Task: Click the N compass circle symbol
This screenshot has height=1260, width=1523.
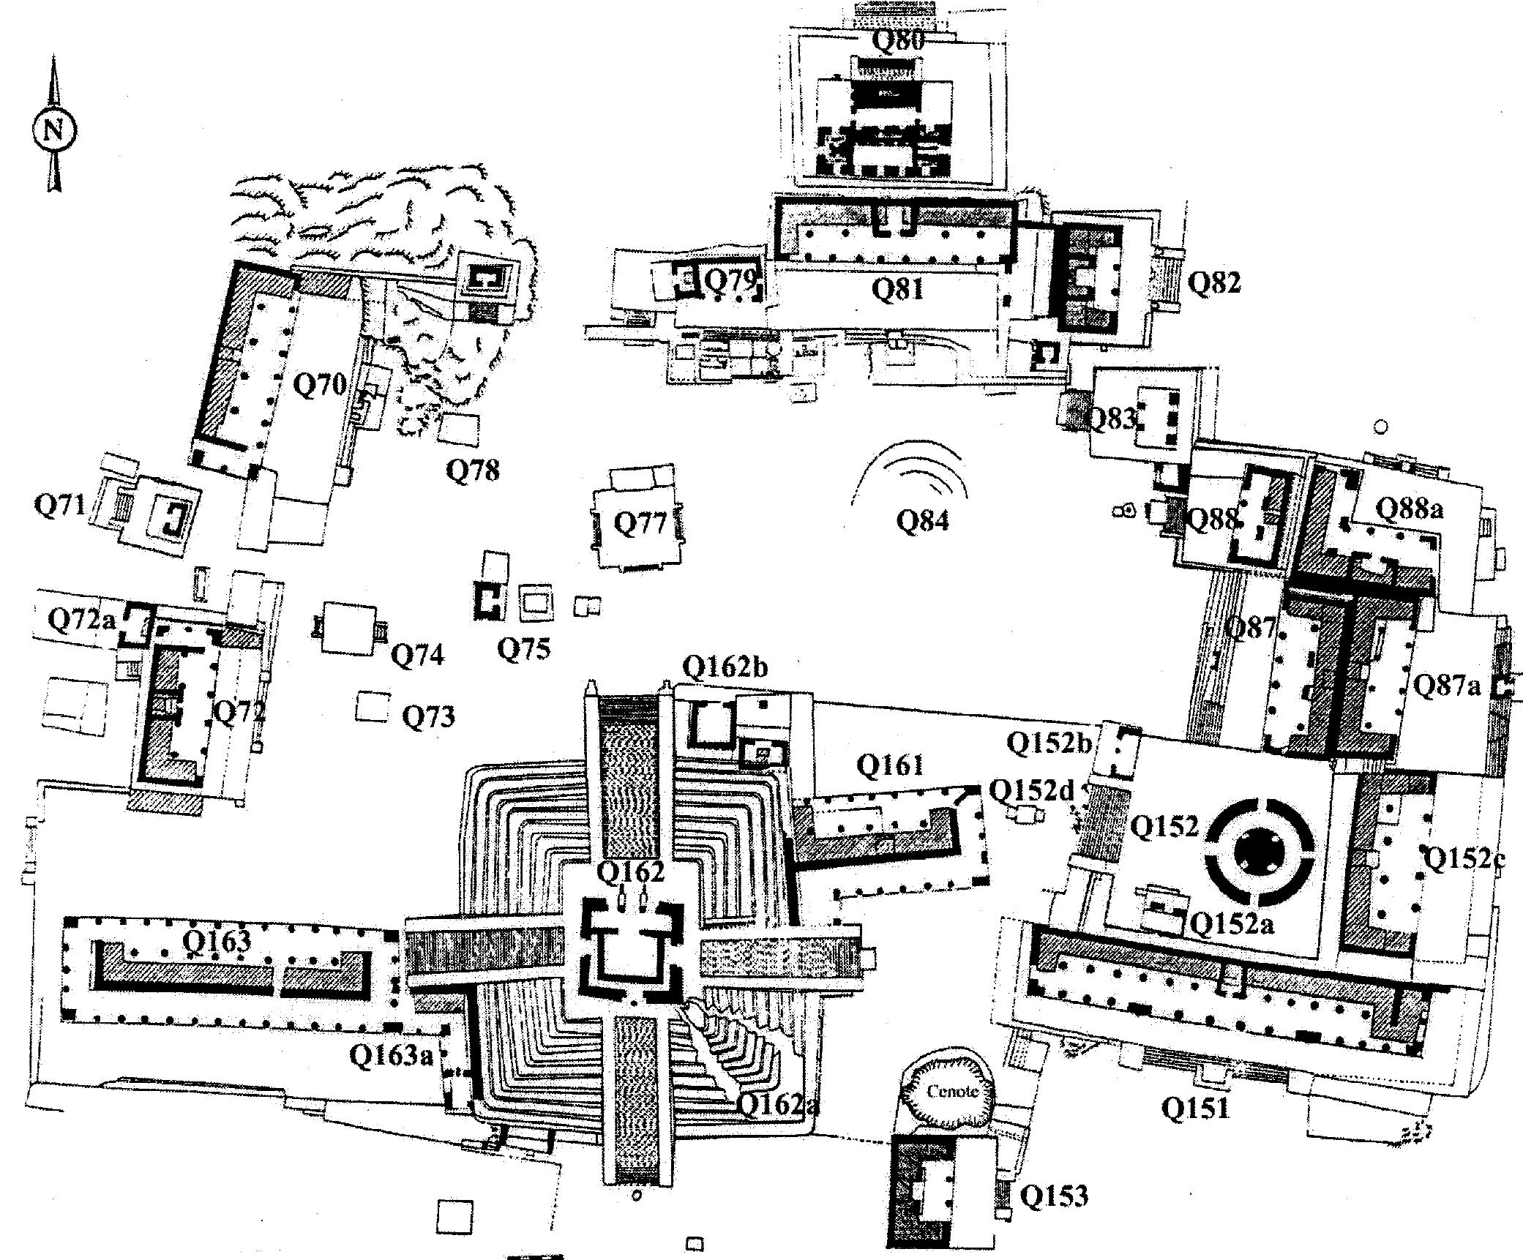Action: (x=53, y=131)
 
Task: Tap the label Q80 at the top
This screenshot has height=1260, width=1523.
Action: (x=897, y=40)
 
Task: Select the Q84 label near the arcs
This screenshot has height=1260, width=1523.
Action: (x=921, y=520)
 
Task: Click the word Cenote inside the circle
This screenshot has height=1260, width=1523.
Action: (x=951, y=1091)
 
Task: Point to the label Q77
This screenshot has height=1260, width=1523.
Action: (x=640, y=523)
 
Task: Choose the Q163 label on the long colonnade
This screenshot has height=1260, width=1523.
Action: (x=216, y=941)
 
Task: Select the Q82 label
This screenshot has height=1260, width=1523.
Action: (x=1214, y=282)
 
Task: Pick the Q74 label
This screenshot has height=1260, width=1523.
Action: (x=417, y=655)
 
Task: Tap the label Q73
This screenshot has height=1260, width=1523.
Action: (x=429, y=716)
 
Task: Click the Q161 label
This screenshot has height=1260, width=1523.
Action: (x=889, y=766)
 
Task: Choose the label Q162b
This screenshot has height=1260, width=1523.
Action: (x=725, y=667)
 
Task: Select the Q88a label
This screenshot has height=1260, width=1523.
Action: (x=1410, y=508)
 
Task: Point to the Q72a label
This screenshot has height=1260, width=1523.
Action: (x=82, y=620)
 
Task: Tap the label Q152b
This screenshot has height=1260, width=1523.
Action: (x=1049, y=743)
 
